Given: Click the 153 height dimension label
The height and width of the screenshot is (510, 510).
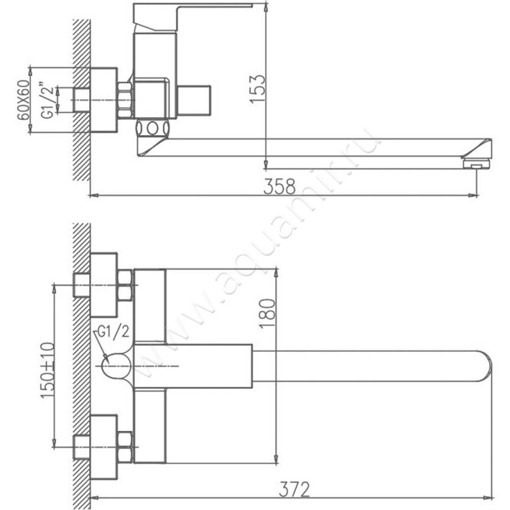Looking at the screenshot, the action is (x=258, y=89).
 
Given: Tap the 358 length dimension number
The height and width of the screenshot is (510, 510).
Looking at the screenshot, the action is (x=280, y=186).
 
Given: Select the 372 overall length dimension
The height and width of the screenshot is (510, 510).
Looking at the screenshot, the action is (x=295, y=489).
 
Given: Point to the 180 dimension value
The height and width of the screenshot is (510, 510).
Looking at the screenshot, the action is (x=267, y=314).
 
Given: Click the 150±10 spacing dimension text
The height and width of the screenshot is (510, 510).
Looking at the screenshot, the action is (x=48, y=370).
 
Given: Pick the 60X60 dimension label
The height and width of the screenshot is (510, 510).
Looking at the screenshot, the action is (x=24, y=100).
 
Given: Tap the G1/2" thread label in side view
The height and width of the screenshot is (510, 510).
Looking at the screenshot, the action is (x=47, y=101).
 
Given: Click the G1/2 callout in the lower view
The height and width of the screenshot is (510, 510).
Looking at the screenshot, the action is (x=113, y=332).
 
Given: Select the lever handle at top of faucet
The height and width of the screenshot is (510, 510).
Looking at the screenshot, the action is (x=193, y=17).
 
